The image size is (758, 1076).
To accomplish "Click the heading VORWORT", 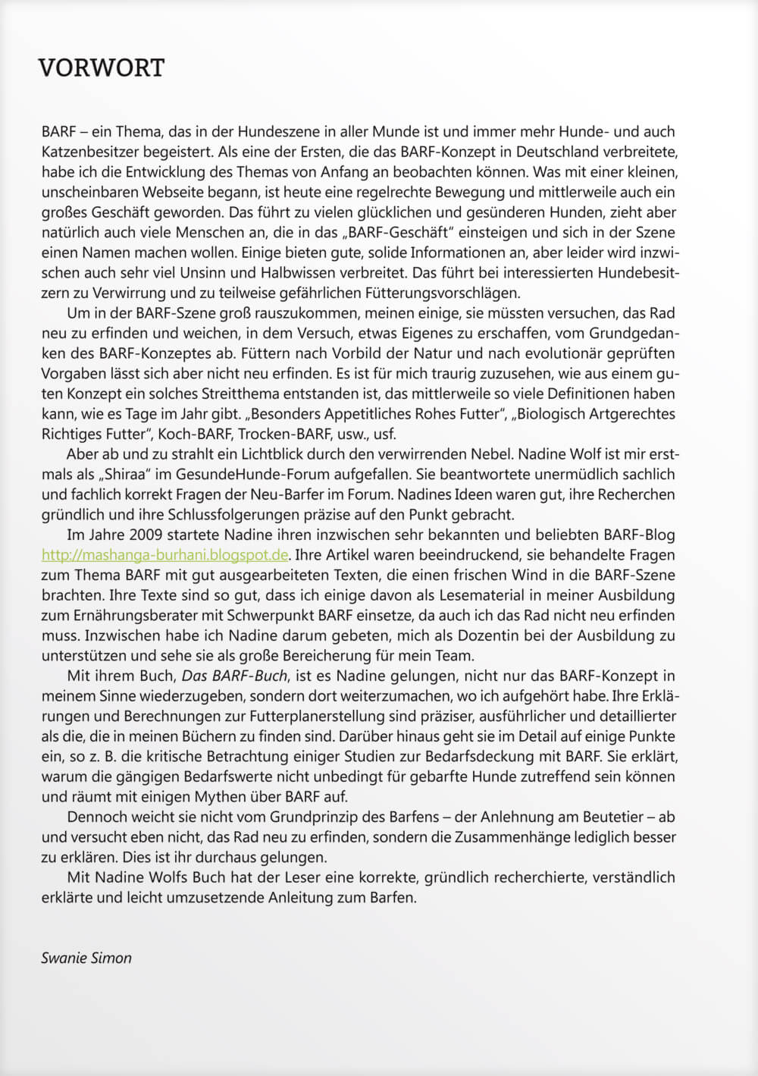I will coord(101,68).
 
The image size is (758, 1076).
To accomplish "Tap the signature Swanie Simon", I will coord(86,958).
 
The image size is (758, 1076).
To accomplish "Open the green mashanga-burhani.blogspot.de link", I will coord(165,554).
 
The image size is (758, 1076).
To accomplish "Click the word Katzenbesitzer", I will coord(91,152).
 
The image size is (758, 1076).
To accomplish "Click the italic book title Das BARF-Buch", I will coord(234,676).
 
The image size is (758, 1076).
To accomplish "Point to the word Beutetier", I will coord(614,817).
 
